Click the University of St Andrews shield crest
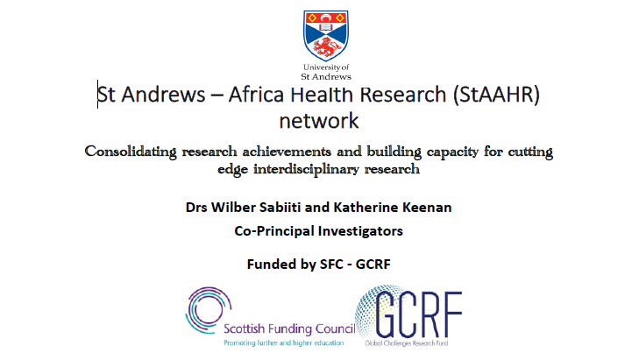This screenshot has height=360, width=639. (x=325, y=36)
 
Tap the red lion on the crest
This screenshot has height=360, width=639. (x=326, y=48)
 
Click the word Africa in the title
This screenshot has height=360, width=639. (x=256, y=95)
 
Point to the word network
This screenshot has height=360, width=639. (x=319, y=121)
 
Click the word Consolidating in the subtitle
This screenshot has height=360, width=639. (x=131, y=152)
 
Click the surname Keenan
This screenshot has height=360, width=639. (x=427, y=208)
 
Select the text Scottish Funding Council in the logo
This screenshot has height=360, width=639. (x=289, y=328)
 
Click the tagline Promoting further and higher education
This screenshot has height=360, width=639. (x=284, y=342)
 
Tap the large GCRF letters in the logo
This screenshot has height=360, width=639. (x=418, y=314)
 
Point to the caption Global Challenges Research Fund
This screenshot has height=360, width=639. (x=407, y=343)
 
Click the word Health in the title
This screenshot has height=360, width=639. (x=322, y=95)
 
